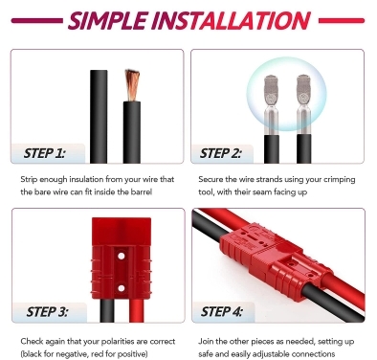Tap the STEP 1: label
(44, 153)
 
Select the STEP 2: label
(220, 153)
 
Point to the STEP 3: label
(47, 312)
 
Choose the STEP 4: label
(222, 311)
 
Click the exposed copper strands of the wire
(132, 84)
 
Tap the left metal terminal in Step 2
(271, 104)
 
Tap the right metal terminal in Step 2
(303, 104)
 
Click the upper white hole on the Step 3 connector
(121, 256)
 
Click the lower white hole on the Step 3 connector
(121, 288)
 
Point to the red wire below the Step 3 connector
(137, 310)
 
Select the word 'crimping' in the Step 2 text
(340, 180)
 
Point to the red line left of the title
(37, 21)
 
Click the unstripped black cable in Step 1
(99, 117)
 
